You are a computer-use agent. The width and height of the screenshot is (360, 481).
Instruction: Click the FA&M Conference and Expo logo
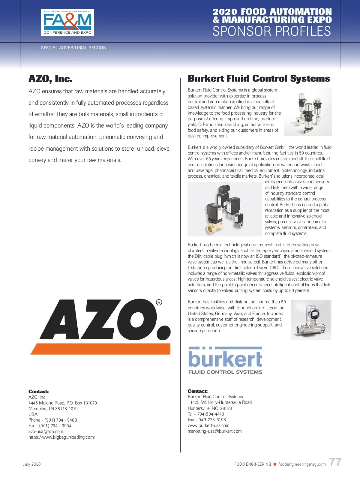click(x=67, y=23)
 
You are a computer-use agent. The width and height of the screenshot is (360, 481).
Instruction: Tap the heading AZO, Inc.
click(x=50, y=79)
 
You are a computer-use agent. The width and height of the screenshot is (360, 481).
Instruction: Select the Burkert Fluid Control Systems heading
click(x=259, y=79)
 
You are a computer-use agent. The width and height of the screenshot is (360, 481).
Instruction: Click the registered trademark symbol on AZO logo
click(x=159, y=302)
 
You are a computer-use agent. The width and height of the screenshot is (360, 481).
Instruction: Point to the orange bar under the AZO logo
click(x=100, y=349)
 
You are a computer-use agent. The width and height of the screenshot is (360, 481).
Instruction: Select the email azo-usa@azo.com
click(x=46, y=431)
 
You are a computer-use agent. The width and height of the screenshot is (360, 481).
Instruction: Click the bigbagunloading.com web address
click(x=62, y=437)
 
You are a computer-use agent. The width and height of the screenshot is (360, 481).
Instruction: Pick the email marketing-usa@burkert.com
click(x=214, y=431)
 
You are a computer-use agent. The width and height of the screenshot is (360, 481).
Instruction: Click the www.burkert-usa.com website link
click(x=208, y=425)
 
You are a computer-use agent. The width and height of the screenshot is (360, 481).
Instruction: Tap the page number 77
click(x=335, y=462)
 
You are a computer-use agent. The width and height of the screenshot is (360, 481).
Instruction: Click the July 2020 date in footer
click(x=32, y=464)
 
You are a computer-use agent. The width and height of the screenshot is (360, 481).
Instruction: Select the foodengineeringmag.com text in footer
click(x=302, y=464)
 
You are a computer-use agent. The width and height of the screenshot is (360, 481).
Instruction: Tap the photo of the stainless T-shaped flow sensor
click(x=311, y=320)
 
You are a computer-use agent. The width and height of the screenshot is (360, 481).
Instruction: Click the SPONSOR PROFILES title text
click(x=271, y=31)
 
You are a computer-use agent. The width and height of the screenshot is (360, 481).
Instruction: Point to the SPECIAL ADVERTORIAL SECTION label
click(x=73, y=48)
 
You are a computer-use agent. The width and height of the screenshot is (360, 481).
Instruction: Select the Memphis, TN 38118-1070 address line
click(x=53, y=409)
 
